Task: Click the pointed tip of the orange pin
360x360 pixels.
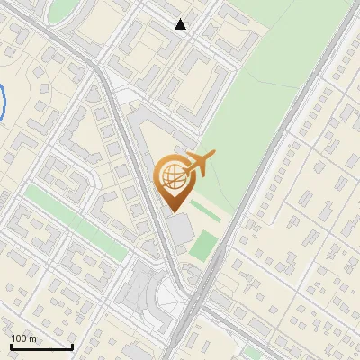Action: tap(171, 211)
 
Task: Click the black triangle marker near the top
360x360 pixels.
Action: tap(181, 24)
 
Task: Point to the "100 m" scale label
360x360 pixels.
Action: tap(23, 338)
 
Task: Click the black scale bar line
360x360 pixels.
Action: tap(41, 346)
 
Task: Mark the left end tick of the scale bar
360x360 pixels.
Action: tap(11, 345)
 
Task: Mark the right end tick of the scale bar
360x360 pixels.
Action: tap(72, 345)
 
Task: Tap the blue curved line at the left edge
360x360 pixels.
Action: tap(4, 101)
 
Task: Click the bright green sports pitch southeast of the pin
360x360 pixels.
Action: tap(205, 244)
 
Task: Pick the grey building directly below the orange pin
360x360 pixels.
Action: tap(181, 229)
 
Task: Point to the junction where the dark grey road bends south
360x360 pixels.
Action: tap(103, 77)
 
